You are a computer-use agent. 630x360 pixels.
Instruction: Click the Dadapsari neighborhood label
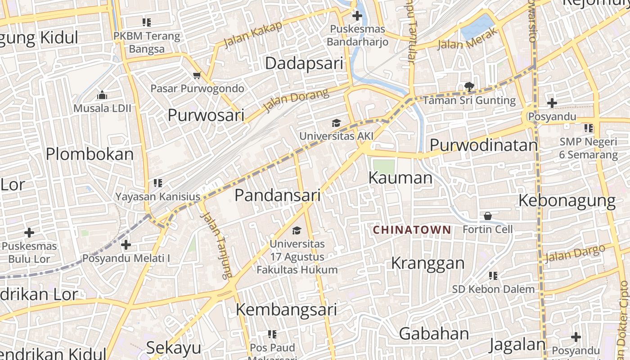[x=304, y=63]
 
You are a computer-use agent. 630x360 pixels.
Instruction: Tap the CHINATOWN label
[x=412, y=230]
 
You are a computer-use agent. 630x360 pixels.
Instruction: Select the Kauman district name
[x=400, y=178]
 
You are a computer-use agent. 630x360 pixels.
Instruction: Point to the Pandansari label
[x=277, y=195]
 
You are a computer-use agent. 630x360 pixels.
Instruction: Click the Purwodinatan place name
[x=484, y=145]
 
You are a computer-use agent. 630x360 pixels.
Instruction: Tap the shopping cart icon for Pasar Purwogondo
[x=197, y=75]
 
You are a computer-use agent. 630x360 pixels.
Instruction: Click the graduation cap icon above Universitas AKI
[x=336, y=123]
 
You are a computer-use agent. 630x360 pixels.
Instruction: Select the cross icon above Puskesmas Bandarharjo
[x=357, y=16]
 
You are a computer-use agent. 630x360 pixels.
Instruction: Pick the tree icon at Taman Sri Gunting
[x=469, y=86]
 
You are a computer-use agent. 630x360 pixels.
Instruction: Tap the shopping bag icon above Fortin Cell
[x=488, y=216]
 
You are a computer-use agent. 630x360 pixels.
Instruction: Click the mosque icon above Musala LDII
[x=103, y=95]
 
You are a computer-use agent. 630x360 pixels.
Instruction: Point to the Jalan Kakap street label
[x=253, y=34]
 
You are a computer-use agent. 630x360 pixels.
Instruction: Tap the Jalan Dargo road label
[x=575, y=254]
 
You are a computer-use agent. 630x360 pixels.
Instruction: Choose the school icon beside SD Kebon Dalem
[x=493, y=275]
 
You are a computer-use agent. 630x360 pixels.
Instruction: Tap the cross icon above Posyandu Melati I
[x=126, y=245]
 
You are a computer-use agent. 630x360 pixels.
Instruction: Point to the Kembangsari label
[x=286, y=310]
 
